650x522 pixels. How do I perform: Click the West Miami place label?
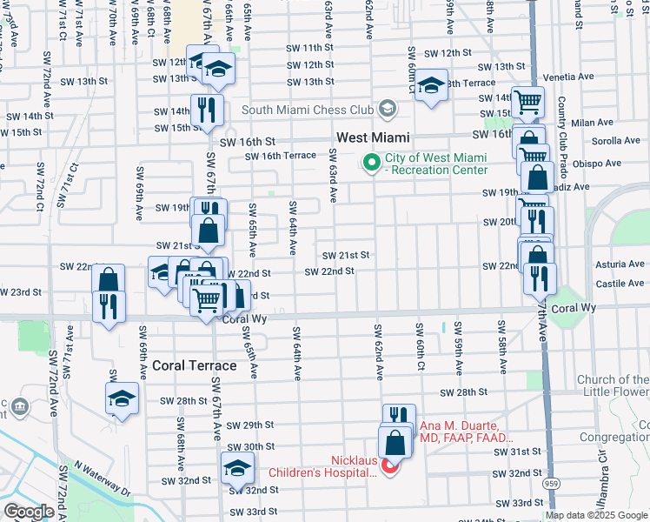(373, 138)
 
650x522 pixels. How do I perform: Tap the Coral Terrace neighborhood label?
(194, 365)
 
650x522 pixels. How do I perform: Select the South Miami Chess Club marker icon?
(387, 110)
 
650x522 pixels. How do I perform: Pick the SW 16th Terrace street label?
(280, 156)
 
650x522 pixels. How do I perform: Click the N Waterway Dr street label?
(102, 479)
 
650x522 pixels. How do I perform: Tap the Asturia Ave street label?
(619, 264)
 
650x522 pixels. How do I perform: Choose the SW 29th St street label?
(250, 425)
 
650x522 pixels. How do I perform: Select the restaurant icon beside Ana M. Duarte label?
(398, 417)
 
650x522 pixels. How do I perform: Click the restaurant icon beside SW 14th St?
(207, 108)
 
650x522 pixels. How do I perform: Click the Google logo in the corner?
(29, 512)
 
